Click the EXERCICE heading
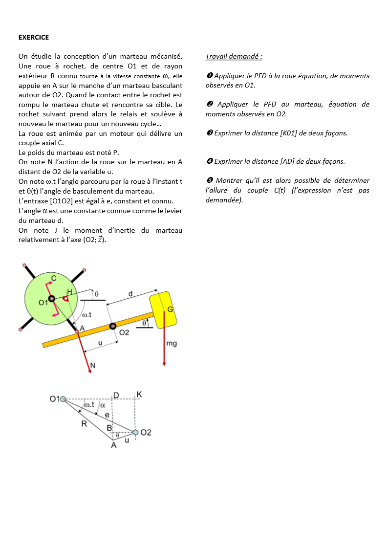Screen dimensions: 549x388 click(34, 37)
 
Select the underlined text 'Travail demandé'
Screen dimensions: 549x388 click(234, 56)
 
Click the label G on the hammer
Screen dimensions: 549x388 click(170, 309)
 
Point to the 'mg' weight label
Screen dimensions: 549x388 click(172, 344)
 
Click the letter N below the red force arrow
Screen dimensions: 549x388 click(92, 366)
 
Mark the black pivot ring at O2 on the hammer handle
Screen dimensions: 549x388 click(113, 326)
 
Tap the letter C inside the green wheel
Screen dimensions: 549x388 click(54, 278)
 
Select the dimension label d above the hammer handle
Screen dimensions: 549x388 click(130, 294)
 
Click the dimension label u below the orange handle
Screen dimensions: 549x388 click(100, 343)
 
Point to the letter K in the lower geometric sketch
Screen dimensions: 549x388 click(139, 394)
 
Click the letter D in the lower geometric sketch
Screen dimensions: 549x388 click(116, 395)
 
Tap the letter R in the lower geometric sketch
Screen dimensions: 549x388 click(85, 424)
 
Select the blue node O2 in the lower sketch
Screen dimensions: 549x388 click(135, 432)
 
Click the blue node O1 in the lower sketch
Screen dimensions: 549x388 click(63, 399)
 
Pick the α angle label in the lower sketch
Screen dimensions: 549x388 click(103, 405)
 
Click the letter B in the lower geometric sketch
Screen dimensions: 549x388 click(110, 428)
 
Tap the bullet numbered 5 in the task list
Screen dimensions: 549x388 click(209, 180)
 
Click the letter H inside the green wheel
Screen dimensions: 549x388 click(69, 292)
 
